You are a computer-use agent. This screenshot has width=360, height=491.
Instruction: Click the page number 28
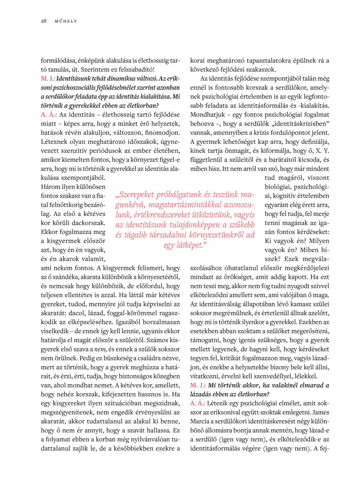(43, 21)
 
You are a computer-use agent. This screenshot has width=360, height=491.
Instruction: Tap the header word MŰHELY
(65, 21)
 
